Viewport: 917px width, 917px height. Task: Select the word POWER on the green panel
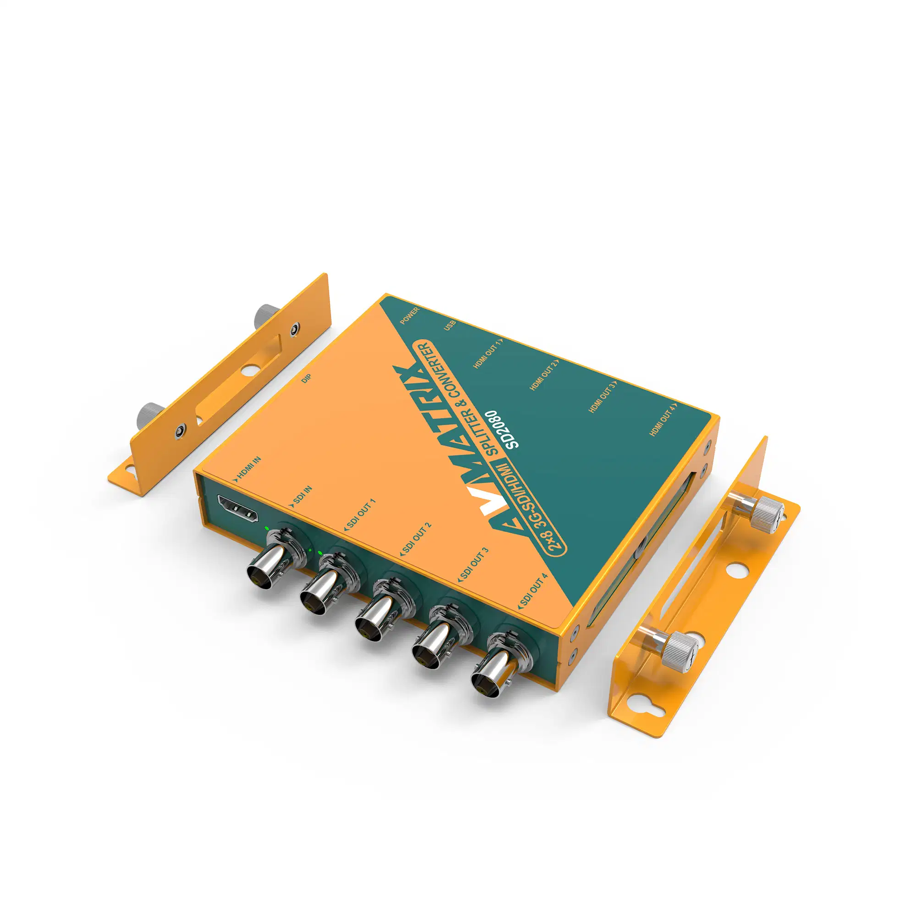coord(409,315)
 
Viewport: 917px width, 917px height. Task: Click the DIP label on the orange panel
coord(306,379)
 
